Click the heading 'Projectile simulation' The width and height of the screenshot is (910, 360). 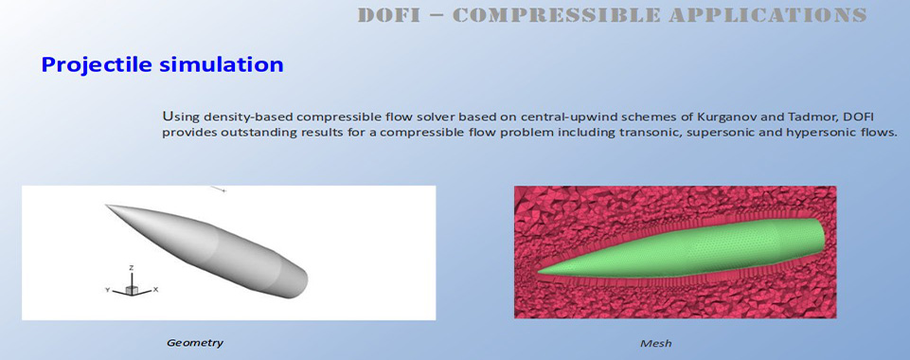tap(162, 64)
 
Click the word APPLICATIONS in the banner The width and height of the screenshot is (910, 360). tap(768, 14)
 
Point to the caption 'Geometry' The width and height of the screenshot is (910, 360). tap(194, 343)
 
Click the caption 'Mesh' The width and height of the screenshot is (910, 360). tap(656, 343)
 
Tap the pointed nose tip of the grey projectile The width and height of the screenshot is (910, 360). tap(106, 205)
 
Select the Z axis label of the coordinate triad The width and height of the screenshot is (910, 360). tap(132, 268)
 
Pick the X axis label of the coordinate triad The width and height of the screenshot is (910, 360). tap(155, 289)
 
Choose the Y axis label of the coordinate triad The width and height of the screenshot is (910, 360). tap(107, 289)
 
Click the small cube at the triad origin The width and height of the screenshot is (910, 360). tap(132, 289)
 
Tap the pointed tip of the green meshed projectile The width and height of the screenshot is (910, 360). tap(539, 271)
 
